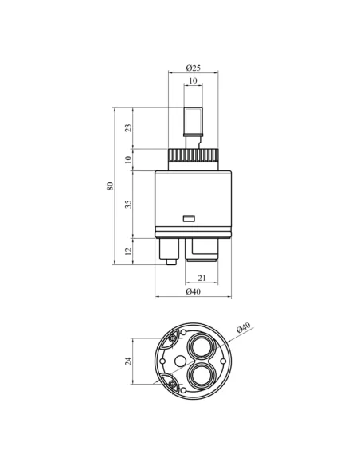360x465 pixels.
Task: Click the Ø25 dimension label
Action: click(x=193, y=68)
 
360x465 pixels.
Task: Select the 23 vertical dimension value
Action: click(x=128, y=128)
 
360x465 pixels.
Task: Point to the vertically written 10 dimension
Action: click(x=128, y=159)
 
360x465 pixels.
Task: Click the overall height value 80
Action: click(x=110, y=186)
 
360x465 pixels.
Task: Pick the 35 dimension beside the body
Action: click(x=128, y=204)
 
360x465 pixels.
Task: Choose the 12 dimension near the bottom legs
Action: click(x=128, y=251)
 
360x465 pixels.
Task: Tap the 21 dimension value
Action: click(x=202, y=278)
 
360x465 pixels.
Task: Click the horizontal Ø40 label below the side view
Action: click(x=193, y=291)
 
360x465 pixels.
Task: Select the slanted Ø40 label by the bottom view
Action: click(x=244, y=327)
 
